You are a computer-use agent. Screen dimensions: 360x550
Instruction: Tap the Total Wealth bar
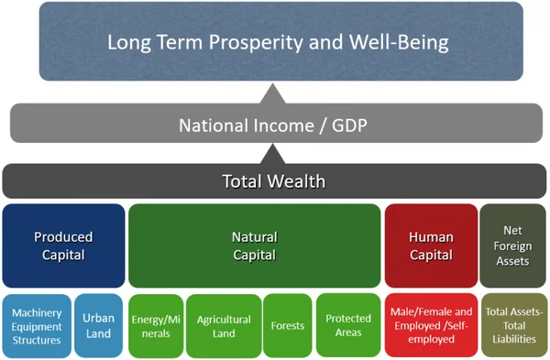click(x=274, y=180)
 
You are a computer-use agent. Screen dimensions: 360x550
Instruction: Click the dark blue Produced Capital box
click(x=63, y=245)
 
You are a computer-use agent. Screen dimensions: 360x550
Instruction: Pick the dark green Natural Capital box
click(x=254, y=245)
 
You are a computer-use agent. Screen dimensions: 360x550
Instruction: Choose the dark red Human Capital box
click(x=430, y=245)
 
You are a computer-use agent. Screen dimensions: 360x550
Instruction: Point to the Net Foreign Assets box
click(x=512, y=245)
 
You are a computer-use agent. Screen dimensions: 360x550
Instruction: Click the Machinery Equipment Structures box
click(x=36, y=325)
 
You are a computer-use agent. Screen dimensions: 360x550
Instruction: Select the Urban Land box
click(x=97, y=325)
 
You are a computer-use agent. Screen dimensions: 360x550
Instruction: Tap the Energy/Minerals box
click(x=155, y=325)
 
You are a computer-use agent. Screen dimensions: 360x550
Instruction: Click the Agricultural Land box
click(x=223, y=325)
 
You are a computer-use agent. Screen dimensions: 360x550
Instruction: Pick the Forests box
click(x=287, y=325)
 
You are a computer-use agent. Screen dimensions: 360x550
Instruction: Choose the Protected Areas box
click(x=348, y=325)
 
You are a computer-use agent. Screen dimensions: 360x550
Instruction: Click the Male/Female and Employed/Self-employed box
click(x=430, y=325)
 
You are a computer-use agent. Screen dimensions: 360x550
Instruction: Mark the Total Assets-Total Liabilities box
click(x=513, y=325)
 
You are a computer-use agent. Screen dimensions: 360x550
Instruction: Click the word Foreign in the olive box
click(x=512, y=245)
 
